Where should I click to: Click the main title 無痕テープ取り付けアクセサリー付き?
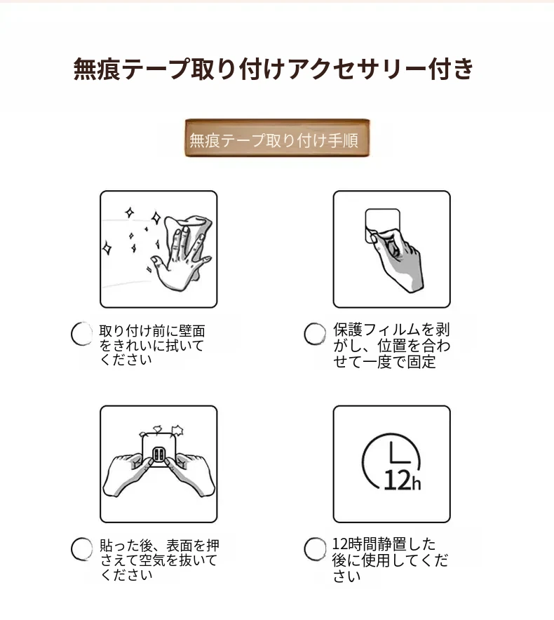[x=273, y=69]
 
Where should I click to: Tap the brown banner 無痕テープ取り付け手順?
[x=277, y=138]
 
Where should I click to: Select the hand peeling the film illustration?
[x=398, y=261]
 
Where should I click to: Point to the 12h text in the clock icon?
[x=402, y=480]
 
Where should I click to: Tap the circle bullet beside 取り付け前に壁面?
[x=82, y=334]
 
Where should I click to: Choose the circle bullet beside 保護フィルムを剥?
[x=315, y=334]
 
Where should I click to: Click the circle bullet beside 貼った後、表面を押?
[x=82, y=549]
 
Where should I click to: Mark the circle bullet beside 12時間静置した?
[x=315, y=549]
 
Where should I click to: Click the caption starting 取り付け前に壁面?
[x=152, y=345]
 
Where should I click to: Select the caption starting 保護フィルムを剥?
[x=391, y=346]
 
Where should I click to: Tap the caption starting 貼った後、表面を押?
[x=159, y=560]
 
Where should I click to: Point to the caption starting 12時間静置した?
[x=390, y=560]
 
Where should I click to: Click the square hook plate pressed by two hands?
[x=159, y=451]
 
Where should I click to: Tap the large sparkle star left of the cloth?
[x=156, y=218]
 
